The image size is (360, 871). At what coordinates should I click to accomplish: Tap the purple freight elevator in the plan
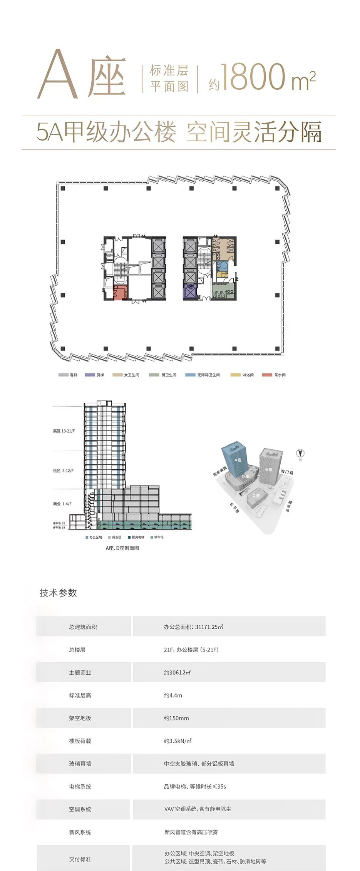pyautogui.click(x=190, y=292)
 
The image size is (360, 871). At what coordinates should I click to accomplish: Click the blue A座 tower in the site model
pyautogui.click(x=236, y=461)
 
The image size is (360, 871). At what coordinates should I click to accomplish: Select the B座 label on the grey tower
pyautogui.click(x=268, y=469)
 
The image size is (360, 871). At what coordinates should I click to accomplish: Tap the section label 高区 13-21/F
pyautogui.click(x=64, y=431)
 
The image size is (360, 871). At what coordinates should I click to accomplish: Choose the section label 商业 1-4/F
pyautogui.click(x=62, y=504)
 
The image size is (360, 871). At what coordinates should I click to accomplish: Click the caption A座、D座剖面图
pyautogui.click(x=122, y=548)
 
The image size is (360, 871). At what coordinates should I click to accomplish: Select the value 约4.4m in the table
pyautogui.click(x=173, y=695)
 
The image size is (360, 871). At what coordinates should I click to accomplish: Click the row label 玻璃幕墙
pyautogui.click(x=80, y=764)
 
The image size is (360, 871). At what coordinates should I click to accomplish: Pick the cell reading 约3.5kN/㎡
pyautogui.click(x=178, y=740)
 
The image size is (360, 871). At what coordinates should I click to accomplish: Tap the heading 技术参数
pyautogui.click(x=58, y=593)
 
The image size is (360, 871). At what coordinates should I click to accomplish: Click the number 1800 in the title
pyautogui.click(x=253, y=77)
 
